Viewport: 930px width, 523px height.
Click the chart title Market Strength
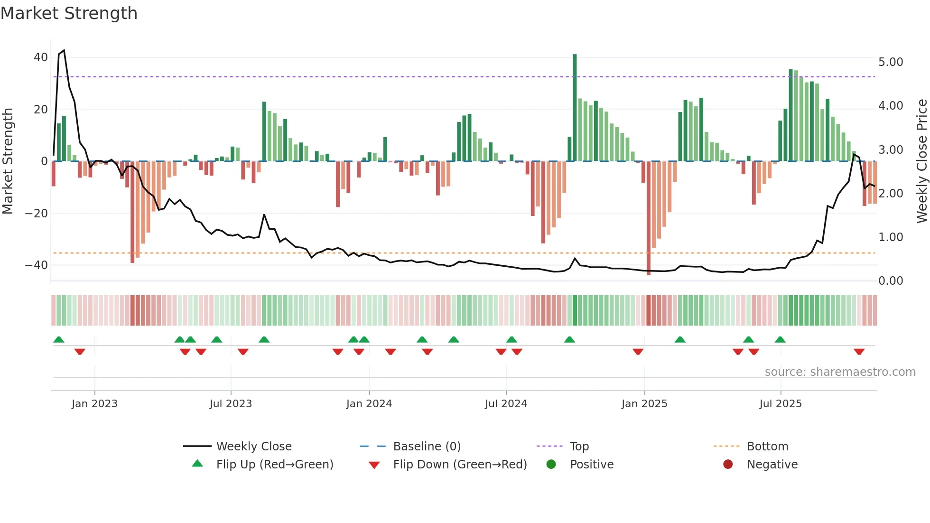pyautogui.click(x=69, y=13)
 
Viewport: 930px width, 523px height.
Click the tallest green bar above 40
pyautogui.click(x=575, y=107)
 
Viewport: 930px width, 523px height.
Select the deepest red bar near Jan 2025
pyautogui.click(x=648, y=218)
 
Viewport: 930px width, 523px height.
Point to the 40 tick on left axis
pyautogui.click(x=41, y=57)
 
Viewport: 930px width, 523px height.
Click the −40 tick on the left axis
pyautogui.click(x=37, y=265)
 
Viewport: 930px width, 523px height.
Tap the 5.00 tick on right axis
pyautogui.click(x=891, y=62)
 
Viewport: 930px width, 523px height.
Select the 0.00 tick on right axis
pyautogui.click(x=891, y=281)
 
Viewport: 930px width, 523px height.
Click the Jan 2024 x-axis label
pyautogui.click(x=369, y=404)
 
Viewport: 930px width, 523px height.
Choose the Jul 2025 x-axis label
pyautogui.click(x=780, y=404)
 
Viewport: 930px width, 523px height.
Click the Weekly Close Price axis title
pyautogui.click(x=921, y=161)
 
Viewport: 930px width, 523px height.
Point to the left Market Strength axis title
pyautogui.click(x=8, y=161)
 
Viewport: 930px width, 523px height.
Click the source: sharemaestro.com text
pyautogui.click(x=840, y=372)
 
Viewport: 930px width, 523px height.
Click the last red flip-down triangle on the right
pyautogui.click(x=859, y=352)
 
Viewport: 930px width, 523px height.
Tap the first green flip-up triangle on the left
pyautogui.click(x=59, y=339)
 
